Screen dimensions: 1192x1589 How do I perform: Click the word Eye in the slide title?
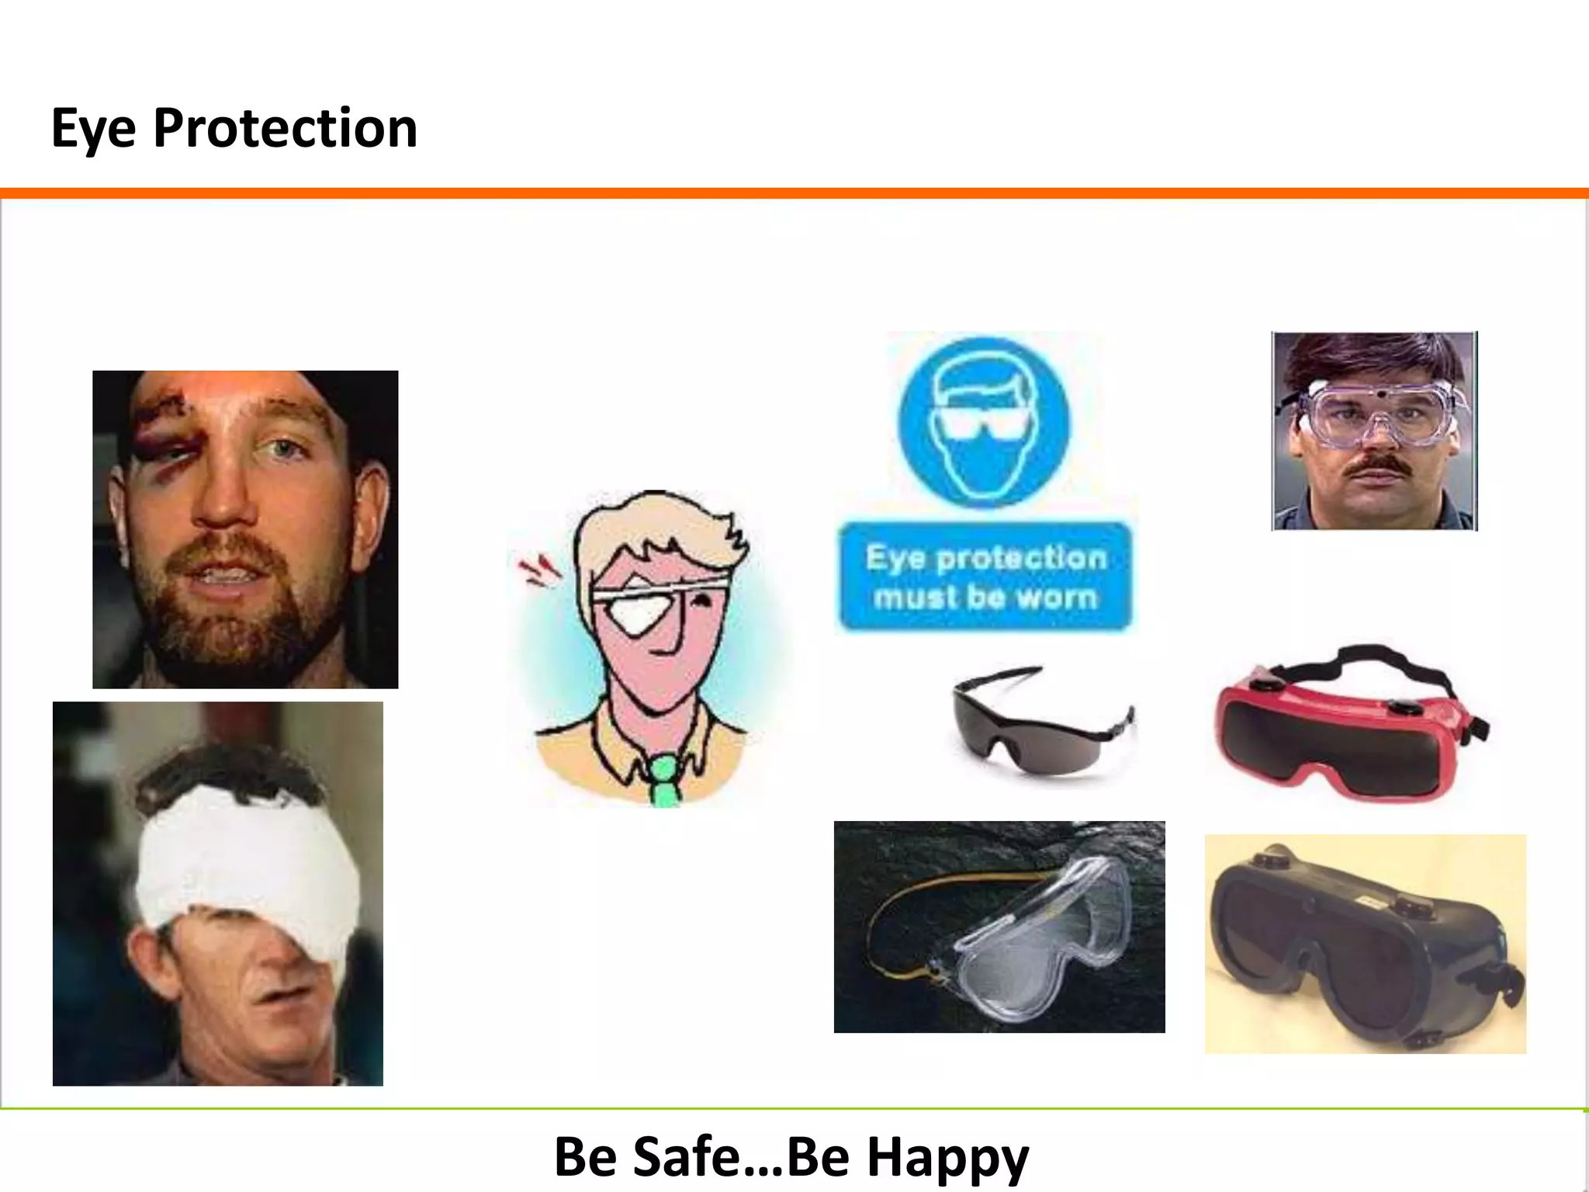(93, 128)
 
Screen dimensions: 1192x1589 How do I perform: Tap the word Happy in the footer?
(947, 1156)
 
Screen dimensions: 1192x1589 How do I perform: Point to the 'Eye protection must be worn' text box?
(985, 577)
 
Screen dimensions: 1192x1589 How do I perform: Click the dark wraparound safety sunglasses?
(1040, 722)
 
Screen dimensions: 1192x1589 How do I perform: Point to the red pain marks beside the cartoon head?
(538, 570)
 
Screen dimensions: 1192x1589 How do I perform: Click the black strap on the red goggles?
(1366, 660)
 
